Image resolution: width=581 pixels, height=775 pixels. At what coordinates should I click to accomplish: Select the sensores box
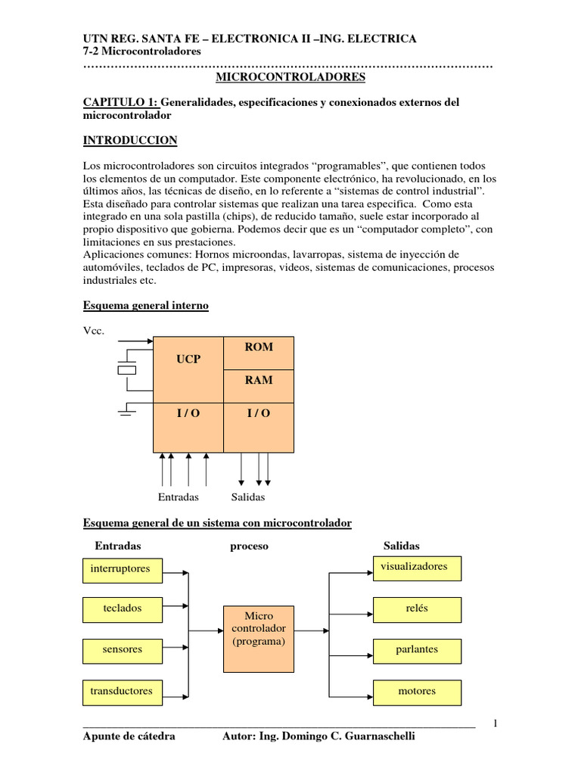tap(121, 650)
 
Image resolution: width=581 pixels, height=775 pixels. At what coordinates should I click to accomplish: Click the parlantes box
tap(417, 650)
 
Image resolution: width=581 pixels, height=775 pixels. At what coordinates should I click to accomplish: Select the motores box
tap(417, 692)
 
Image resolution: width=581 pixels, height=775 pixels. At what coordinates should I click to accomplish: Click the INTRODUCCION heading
tap(129, 140)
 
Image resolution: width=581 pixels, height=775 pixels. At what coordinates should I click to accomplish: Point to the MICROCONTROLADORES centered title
tap(290, 77)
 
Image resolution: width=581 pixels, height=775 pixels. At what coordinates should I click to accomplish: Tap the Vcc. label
tap(92, 331)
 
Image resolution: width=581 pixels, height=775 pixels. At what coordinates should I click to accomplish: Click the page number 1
tap(495, 723)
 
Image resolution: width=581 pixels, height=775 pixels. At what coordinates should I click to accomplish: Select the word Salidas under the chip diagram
tap(248, 497)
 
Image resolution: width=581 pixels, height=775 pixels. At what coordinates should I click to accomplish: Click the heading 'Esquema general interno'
tap(144, 305)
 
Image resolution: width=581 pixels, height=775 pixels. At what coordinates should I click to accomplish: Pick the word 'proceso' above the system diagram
tap(249, 546)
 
